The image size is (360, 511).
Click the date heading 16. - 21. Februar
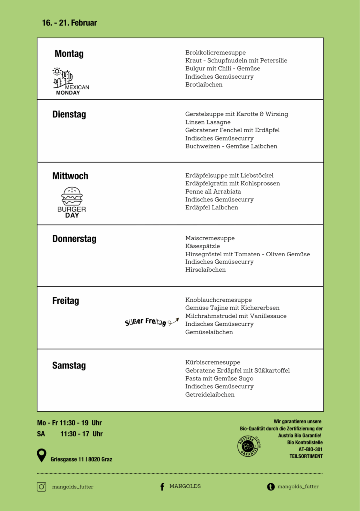(70, 23)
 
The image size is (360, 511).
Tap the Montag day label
(69, 54)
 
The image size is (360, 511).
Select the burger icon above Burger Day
(72, 196)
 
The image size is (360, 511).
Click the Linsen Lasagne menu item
(208, 122)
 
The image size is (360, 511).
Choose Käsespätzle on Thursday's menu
(202, 246)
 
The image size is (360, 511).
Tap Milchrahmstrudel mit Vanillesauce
(236, 316)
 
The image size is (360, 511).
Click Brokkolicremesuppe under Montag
(215, 52)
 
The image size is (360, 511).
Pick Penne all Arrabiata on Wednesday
(213, 191)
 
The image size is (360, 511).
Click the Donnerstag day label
(74, 239)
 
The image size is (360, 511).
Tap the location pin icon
(42, 455)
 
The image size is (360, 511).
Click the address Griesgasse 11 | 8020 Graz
(81, 459)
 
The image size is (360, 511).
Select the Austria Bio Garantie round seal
(248, 446)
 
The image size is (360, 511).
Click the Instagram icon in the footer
(42, 487)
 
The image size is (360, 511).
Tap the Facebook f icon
(162, 487)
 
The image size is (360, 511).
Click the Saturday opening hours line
(70, 434)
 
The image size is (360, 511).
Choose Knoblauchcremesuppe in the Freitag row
(218, 300)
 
